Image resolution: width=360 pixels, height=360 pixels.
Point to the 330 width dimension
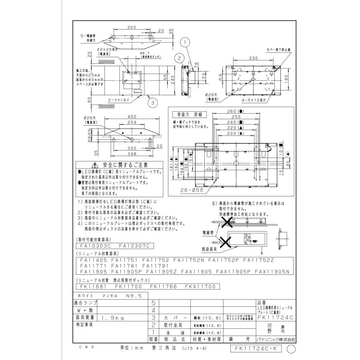tap(252, 58)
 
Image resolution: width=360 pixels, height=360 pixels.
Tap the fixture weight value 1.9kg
tap(110, 318)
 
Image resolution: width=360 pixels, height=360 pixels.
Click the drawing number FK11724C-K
tap(256, 348)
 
